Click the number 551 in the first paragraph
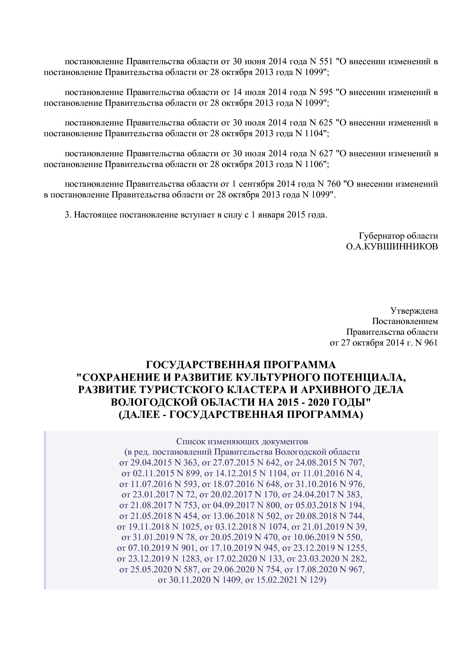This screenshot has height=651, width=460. coord(326,61)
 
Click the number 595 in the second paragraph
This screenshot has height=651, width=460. coord(326,92)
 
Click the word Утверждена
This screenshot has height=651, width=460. coord(414,311)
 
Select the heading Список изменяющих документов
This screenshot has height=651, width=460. coord(242,442)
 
